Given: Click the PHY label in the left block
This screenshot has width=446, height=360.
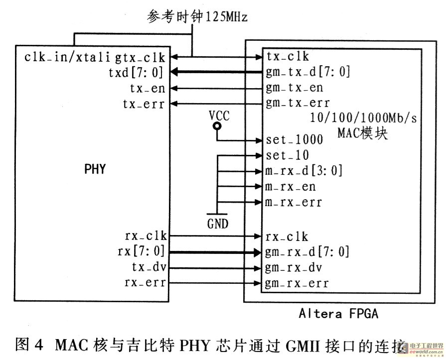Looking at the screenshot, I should click(95, 169).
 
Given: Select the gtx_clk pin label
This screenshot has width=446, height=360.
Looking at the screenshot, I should click(140, 57).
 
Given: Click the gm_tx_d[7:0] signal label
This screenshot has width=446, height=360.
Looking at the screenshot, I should click(308, 72).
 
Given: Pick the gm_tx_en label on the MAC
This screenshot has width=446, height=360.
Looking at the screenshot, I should click(295, 88).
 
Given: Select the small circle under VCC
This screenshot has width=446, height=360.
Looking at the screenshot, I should click(217, 126).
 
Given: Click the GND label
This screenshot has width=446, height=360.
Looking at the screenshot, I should click(218, 224).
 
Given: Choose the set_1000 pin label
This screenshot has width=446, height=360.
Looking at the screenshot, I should click(295, 140).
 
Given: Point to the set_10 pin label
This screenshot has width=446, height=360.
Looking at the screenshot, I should click(287, 155).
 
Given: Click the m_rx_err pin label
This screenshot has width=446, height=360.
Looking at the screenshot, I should click(294, 202).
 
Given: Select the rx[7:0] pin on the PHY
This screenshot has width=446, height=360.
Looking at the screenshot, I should click(141, 251).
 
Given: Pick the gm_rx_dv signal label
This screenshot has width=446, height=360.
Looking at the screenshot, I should click(294, 268).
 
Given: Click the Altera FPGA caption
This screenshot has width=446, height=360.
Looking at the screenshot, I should click(338, 314).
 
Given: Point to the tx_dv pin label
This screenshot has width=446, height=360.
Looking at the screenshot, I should click(149, 267).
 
